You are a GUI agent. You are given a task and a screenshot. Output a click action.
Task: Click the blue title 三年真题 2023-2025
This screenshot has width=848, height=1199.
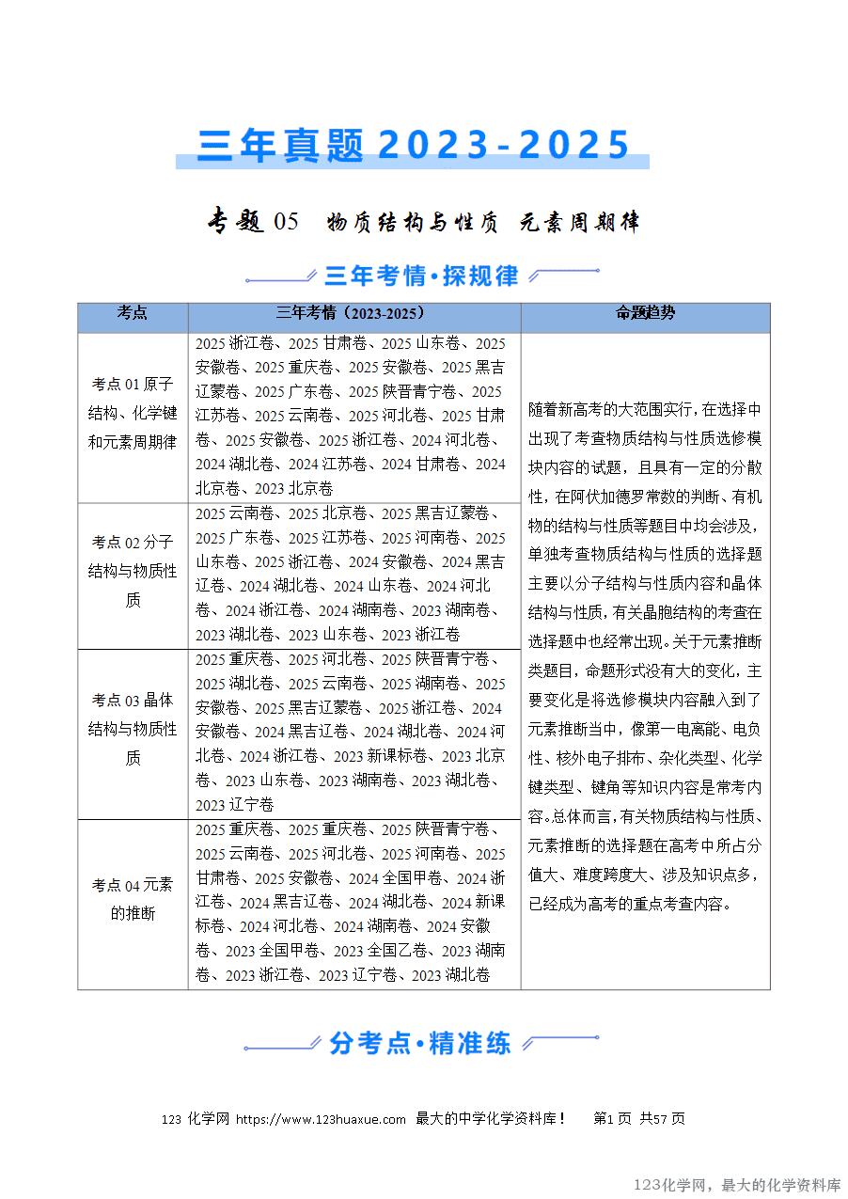413,145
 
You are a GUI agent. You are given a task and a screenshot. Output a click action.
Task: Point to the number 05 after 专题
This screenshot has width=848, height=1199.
285,222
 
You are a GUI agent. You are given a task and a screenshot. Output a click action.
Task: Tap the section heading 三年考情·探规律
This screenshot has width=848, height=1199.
421,276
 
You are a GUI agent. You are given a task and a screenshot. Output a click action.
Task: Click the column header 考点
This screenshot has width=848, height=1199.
133,313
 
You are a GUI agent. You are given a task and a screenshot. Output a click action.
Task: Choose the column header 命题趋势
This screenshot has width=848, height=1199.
645,313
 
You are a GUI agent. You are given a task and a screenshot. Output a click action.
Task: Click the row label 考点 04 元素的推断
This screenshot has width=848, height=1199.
133,899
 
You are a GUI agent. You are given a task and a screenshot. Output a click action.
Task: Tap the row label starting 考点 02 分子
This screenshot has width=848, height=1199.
133,571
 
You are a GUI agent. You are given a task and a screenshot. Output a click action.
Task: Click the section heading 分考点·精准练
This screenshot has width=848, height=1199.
420,1043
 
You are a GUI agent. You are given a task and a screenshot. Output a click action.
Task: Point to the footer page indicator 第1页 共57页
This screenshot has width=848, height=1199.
639,1119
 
